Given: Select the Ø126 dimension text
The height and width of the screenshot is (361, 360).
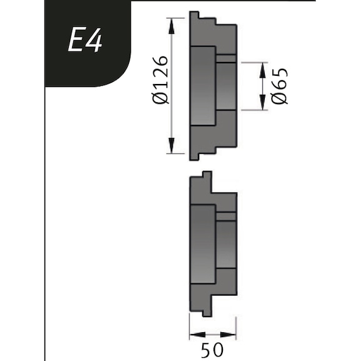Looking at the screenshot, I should pyautogui.click(x=160, y=80).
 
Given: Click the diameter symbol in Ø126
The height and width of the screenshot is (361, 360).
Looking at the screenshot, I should pyautogui.click(x=160, y=98).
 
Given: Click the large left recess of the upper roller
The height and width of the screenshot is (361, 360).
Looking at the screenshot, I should pyautogui.click(x=202, y=86).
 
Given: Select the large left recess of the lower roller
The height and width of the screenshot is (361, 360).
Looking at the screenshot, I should pyautogui.click(x=202, y=246).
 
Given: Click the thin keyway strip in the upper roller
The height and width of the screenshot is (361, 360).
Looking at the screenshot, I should pyautogui.click(x=226, y=59).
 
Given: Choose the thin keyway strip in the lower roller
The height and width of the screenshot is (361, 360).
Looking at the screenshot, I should pyautogui.click(x=226, y=216).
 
